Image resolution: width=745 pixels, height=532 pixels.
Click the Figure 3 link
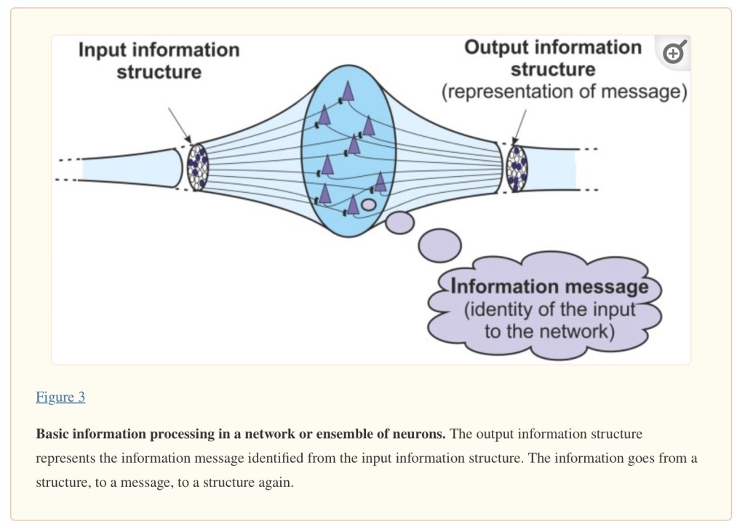coord(60,397)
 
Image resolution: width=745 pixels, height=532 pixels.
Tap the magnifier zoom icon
coord(674,52)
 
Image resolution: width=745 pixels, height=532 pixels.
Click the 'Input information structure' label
coord(159,60)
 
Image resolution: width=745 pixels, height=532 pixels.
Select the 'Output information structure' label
coord(553,58)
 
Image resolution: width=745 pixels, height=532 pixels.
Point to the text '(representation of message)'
coord(565,92)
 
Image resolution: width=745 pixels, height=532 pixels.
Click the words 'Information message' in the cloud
coord(549,286)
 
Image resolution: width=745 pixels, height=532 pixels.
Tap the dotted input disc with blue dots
coord(197,167)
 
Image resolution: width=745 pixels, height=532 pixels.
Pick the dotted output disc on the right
coord(517,168)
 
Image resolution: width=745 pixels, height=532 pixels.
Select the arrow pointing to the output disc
coord(519,126)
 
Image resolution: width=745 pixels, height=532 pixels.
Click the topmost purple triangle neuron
coord(348,90)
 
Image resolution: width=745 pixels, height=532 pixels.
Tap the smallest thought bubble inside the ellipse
coord(369,205)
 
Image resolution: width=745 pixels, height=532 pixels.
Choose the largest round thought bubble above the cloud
coord(439,245)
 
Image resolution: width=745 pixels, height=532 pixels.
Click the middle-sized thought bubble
coord(399,222)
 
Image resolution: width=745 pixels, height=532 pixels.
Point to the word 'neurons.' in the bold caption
coord(421,434)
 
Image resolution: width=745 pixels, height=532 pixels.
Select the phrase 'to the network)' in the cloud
coord(549,332)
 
